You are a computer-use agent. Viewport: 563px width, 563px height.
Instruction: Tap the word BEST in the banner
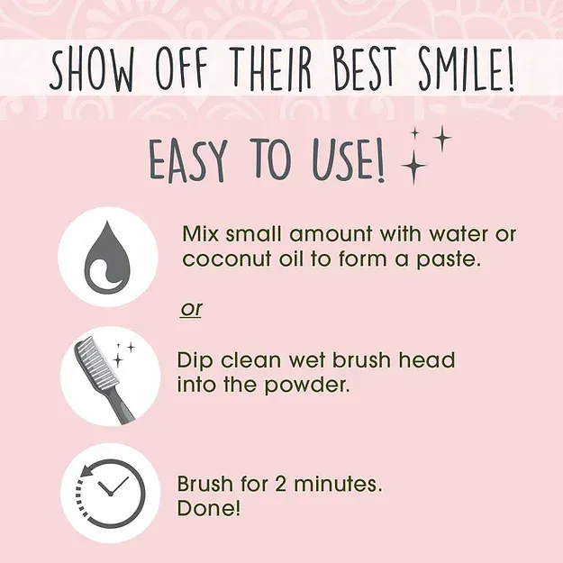click(365, 68)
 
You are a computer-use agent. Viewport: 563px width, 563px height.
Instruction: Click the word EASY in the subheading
click(187, 160)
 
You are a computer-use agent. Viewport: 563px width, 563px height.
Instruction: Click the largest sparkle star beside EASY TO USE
click(414, 167)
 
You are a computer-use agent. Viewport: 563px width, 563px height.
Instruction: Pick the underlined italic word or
click(191, 309)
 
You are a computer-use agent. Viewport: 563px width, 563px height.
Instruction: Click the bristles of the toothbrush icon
click(95, 362)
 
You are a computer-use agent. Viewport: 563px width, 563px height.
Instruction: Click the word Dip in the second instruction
click(195, 361)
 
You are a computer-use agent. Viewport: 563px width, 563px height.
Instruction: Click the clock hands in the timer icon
click(113, 486)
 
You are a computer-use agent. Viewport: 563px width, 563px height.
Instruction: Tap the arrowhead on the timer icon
click(86, 470)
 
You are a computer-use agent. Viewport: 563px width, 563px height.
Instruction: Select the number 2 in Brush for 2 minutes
click(281, 485)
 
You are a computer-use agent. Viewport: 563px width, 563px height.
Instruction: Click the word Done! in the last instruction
click(209, 508)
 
